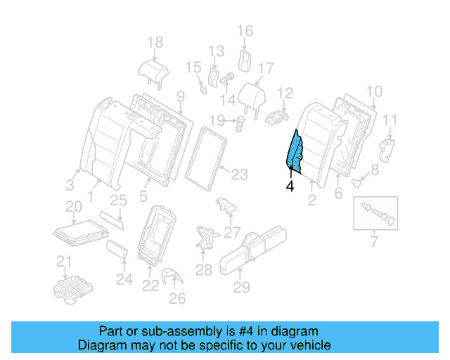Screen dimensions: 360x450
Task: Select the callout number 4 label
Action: coord(289,187)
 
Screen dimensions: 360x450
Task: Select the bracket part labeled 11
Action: coord(386,148)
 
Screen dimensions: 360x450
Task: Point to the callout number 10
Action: coord(374,91)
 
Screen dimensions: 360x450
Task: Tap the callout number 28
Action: coord(203,270)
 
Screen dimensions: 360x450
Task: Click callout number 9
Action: coord(180,96)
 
